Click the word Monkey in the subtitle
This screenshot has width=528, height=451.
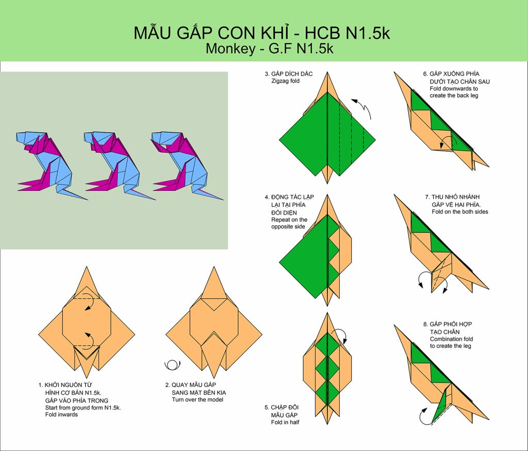pyautogui.click(x=230, y=49)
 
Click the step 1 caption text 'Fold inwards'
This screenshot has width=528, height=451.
pyautogui.click(x=61, y=414)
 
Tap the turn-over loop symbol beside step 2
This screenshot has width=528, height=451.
pyautogui.click(x=172, y=365)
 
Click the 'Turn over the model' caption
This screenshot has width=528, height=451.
pyautogui.click(x=197, y=400)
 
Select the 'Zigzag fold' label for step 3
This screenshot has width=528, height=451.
pyautogui.click(x=285, y=81)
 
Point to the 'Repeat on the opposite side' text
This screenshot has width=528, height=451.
pyautogui.click(x=289, y=223)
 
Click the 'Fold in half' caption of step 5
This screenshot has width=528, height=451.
pyautogui.click(x=285, y=422)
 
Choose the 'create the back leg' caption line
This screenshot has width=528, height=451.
pyautogui.click(x=454, y=96)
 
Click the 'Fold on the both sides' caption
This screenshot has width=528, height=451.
pyautogui.click(x=459, y=212)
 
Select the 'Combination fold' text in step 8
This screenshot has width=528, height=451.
pyautogui.click(x=451, y=339)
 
